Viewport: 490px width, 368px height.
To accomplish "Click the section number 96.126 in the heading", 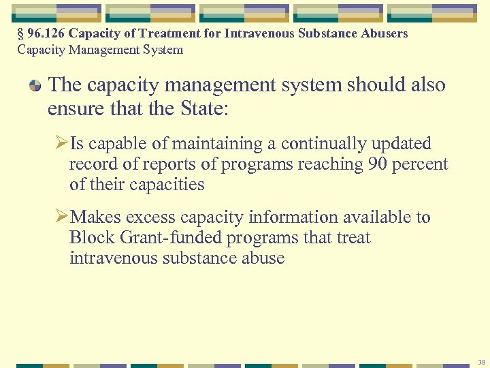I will click(46, 33).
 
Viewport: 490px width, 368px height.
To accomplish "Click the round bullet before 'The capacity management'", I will click(35, 86).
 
